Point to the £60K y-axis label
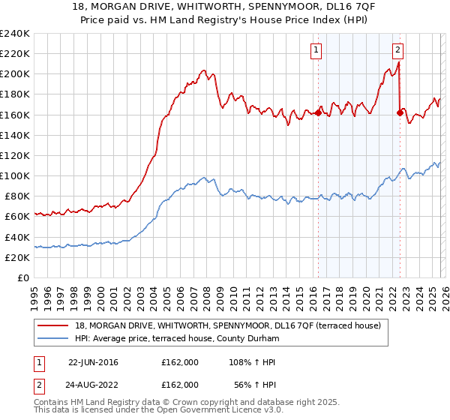(x=16, y=216)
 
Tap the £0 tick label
(x=23, y=277)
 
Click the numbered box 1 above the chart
(x=316, y=50)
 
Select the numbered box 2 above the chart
(x=397, y=50)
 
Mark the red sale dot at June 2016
(x=318, y=113)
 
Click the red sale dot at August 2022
(x=400, y=113)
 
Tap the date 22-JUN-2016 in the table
(x=93, y=362)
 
